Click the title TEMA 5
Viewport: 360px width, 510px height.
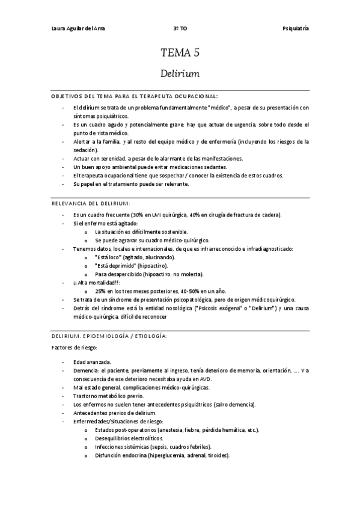[180, 54]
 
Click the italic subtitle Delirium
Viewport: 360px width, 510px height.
[180, 74]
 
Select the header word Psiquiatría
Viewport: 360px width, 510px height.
[296, 28]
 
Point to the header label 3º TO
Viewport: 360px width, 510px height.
[179, 28]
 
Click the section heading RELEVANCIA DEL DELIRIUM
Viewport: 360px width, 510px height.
[90, 203]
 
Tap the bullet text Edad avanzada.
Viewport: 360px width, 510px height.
[92, 363]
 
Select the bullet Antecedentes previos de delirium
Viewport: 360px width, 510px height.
[114, 413]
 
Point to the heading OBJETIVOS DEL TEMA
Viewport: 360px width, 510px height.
[85, 96]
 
